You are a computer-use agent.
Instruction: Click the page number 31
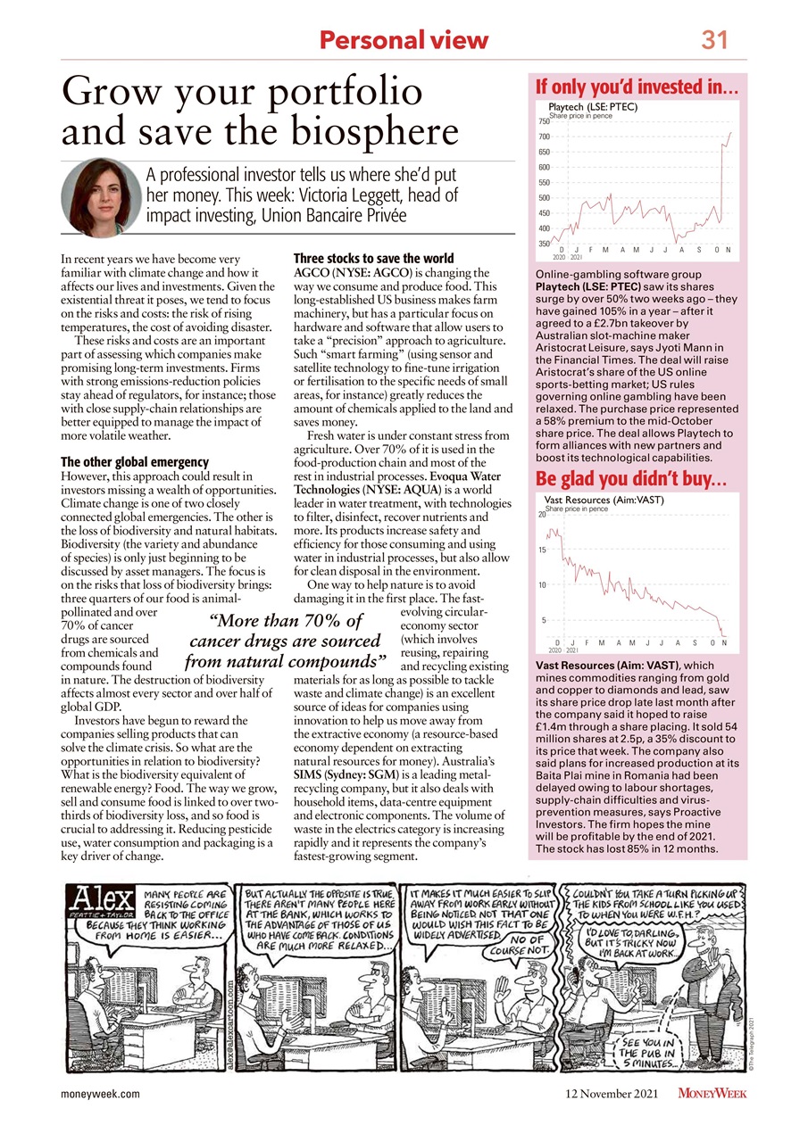pyautogui.click(x=714, y=39)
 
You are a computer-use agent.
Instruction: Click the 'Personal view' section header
pyautogui.click(x=404, y=40)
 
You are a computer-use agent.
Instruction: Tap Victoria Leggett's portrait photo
pyautogui.click(x=97, y=194)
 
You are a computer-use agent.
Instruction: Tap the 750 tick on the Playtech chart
pyautogui.click(x=543, y=120)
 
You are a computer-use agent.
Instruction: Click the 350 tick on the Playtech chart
pyautogui.click(x=543, y=244)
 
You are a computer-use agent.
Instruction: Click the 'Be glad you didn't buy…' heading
pyautogui.click(x=636, y=480)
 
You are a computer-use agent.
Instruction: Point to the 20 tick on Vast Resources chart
pyautogui.click(x=541, y=515)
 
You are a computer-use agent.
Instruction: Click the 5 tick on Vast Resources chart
pyautogui.click(x=542, y=619)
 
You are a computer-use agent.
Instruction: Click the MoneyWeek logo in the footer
pyautogui.click(x=712, y=1093)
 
